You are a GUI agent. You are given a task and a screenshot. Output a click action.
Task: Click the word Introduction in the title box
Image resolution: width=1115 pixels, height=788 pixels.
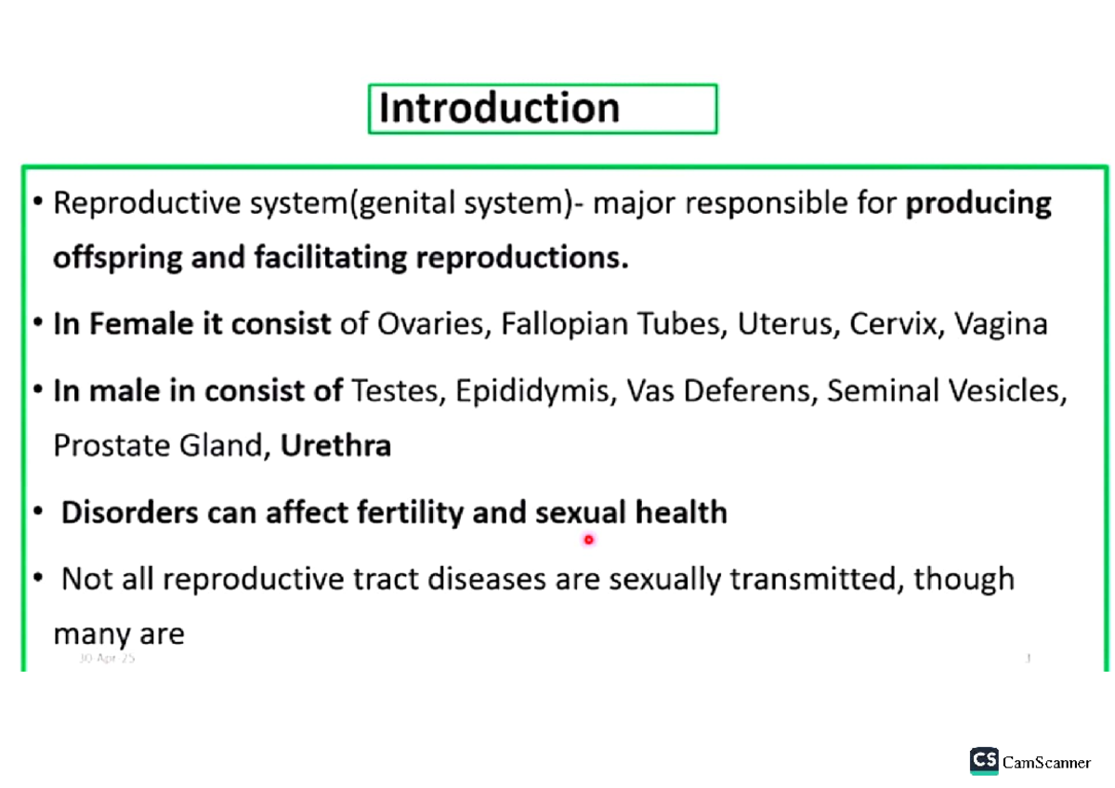[x=499, y=109]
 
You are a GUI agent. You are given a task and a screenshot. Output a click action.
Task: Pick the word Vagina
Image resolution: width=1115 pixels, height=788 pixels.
[x=1002, y=324]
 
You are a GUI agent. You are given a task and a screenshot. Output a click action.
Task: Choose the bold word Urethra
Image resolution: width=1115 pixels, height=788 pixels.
[x=335, y=446]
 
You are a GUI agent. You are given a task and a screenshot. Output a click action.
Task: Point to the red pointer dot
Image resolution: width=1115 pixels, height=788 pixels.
[x=588, y=539]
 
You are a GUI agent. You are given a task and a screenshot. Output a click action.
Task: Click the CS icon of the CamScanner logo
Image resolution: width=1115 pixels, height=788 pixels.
[x=984, y=761]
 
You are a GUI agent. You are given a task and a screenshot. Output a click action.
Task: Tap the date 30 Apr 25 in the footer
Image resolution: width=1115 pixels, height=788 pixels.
[x=107, y=658]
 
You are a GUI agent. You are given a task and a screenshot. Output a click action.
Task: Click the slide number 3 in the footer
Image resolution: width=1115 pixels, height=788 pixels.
[x=1028, y=658]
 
